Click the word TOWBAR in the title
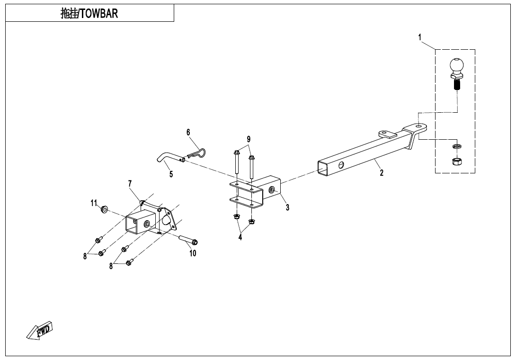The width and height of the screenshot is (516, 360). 98,14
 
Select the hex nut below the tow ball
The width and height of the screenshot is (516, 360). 457,162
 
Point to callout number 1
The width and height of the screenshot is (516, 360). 420,36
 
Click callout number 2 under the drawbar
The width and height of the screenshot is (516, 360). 382,173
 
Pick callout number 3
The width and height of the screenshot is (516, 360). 287,207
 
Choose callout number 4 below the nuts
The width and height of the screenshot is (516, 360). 240,237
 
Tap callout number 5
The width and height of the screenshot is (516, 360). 171,174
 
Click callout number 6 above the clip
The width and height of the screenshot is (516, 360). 188,132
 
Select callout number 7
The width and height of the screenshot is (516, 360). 130,183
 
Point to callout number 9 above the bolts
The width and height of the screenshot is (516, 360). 249,139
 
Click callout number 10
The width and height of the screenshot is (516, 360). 193,253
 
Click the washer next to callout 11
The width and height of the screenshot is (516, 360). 104,209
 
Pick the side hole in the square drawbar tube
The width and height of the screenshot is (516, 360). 341,165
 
